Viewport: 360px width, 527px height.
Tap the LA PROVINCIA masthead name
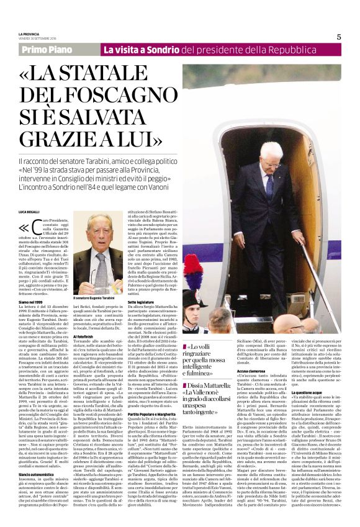(x=29, y=33)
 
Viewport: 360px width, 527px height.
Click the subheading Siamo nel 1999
(x=30, y=300)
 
